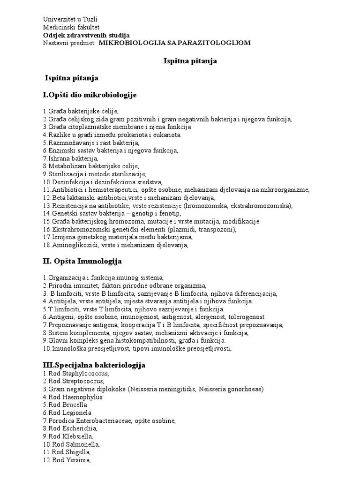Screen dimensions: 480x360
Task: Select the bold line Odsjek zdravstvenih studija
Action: (x=86, y=35)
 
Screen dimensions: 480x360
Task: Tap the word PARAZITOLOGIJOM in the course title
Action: (x=217, y=43)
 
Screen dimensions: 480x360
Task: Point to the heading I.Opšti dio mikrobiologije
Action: (x=89, y=95)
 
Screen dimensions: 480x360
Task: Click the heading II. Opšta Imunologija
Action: (x=82, y=261)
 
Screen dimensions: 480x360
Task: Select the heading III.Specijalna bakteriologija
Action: (x=94, y=365)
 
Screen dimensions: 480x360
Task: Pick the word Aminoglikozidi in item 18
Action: (x=73, y=245)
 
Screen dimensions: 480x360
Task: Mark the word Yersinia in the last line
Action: (x=77, y=461)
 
